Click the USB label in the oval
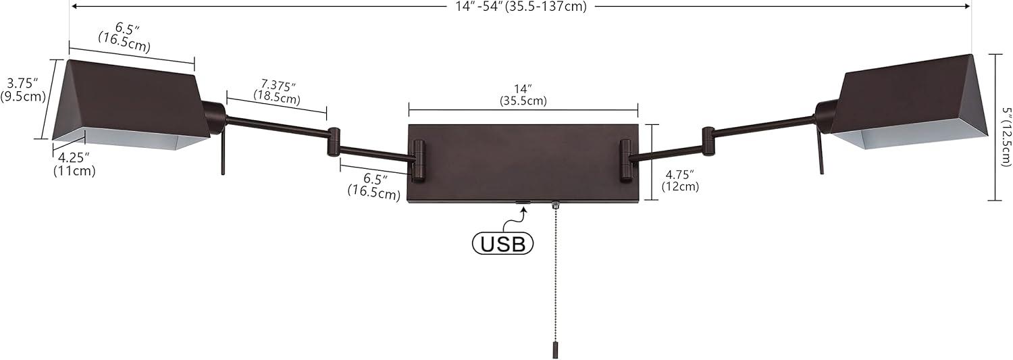click(x=502, y=243)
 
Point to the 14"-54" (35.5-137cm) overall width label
click(x=519, y=7)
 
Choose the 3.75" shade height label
click(x=24, y=89)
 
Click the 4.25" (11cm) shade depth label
click(x=74, y=165)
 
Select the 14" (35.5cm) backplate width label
click(x=523, y=95)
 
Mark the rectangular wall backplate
click(x=523, y=163)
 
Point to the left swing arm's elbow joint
click(x=334, y=142)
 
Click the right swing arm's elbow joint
click(x=708, y=140)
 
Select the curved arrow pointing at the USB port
click(x=519, y=216)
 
